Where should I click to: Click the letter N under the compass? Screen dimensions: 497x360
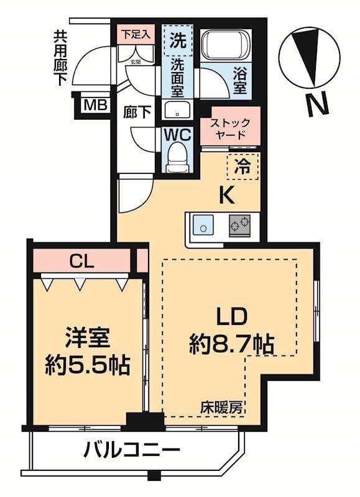click(318, 103)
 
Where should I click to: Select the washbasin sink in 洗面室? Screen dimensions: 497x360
click(178, 111)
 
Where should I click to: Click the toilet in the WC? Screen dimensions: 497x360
click(178, 155)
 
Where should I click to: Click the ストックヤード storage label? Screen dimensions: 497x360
click(230, 128)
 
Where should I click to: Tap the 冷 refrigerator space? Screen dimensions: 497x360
click(246, 166)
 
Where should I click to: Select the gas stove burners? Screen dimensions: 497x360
click(240, 225)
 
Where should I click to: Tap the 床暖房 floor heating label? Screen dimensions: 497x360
click(221, 408)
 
